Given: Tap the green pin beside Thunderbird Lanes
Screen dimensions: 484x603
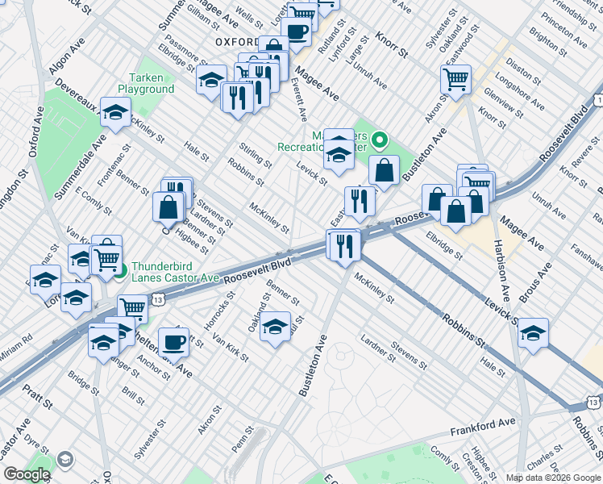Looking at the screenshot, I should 120,271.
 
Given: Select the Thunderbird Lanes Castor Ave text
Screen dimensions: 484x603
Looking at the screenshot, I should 175,271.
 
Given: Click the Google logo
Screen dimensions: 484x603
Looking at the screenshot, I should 27,474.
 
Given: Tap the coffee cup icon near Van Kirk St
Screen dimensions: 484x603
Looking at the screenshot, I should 173,342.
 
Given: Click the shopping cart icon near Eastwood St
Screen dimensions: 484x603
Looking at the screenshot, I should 455,79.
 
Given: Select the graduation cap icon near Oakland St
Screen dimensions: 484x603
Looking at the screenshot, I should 275,327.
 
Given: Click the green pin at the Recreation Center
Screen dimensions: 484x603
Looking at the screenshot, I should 381,142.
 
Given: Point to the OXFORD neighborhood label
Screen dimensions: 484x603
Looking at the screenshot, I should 236,41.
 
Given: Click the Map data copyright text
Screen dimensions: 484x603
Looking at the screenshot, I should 554,478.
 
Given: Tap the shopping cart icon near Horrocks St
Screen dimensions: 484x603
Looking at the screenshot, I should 132,307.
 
